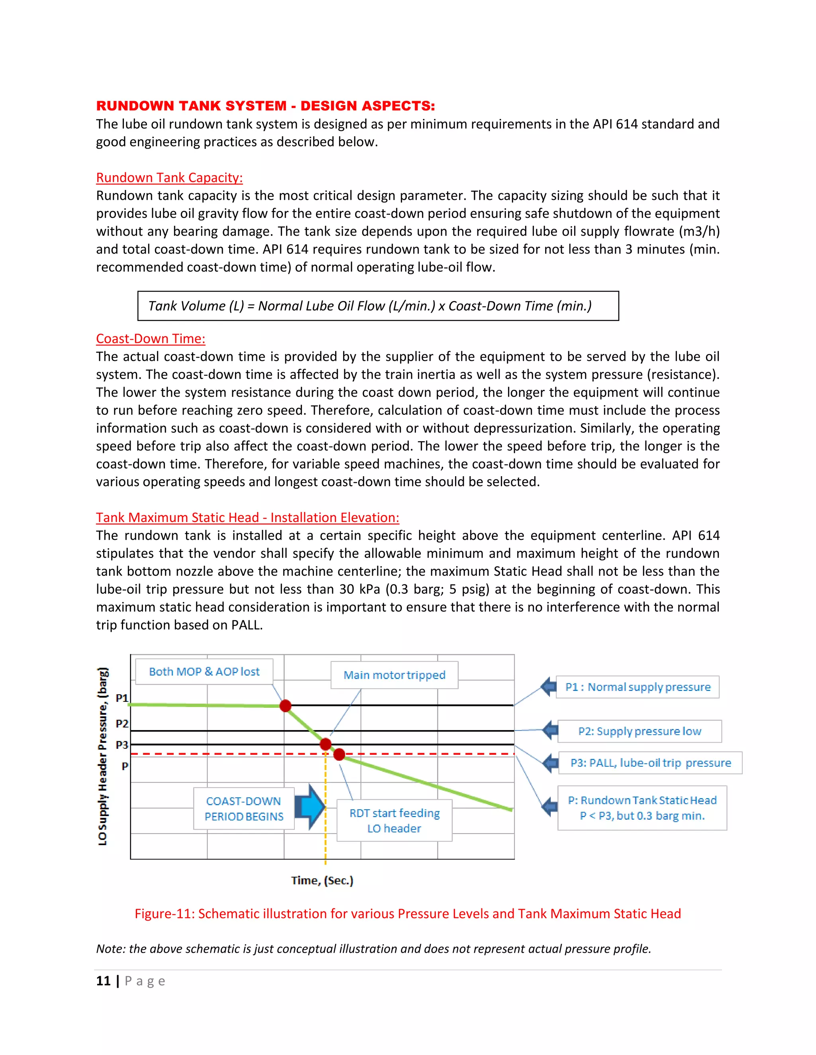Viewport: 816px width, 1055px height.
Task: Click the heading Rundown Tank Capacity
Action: [169, 178]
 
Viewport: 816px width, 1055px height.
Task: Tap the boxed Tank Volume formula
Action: [378, 306]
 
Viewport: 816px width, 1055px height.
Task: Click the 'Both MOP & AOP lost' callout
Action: [204, 672]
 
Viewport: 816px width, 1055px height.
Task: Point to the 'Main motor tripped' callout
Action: [394, 675]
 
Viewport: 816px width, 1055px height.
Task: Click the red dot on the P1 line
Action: [285, 706]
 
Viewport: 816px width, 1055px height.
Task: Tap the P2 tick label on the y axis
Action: [122, 724]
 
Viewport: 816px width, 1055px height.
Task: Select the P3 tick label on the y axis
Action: [122, 745]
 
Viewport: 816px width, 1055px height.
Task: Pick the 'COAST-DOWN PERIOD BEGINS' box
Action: [243, 809]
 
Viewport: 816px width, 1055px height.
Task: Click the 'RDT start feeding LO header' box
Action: [394, 820]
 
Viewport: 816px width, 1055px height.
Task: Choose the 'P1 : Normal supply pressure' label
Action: [637, 687]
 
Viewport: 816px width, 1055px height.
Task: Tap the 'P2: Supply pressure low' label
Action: [639, 731]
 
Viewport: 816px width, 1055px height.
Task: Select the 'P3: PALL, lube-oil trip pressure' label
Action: [650, 763]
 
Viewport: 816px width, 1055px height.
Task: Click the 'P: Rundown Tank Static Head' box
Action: [642, 808]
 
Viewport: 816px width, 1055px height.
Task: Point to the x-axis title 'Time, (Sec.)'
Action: [322, 881]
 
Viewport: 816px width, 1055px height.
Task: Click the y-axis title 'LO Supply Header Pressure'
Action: [102, 756]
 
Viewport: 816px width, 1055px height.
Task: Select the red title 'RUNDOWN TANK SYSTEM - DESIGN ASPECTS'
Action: [265, 106]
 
